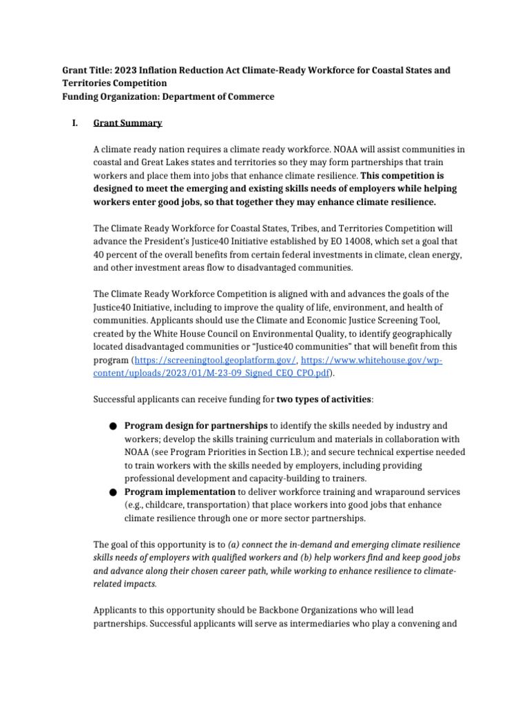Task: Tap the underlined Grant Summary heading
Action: [127, 123]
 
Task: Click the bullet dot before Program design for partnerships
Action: [113, 426]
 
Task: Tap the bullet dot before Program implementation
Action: [113, 492]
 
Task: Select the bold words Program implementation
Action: [180, 492]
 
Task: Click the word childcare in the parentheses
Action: [158, 505]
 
